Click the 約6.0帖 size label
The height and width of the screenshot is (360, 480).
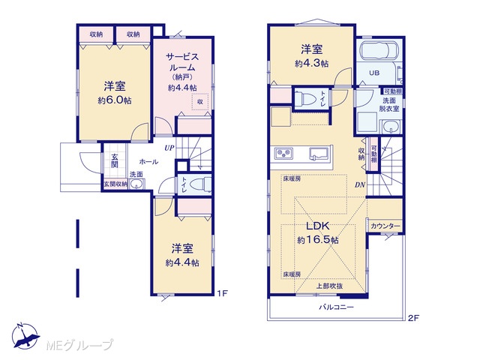point(115,100)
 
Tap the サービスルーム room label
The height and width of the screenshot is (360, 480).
point(182,62)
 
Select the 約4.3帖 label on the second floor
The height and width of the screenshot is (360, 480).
point(312,63)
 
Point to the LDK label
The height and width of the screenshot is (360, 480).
point(318,226)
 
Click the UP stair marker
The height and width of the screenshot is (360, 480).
point(169,148)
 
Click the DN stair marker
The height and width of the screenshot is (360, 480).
point(360,185)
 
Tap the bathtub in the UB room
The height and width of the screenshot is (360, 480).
point(379,49)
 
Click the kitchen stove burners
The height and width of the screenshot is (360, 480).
point(283,153)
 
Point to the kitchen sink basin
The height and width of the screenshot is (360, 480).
point(319,153)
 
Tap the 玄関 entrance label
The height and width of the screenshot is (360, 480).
point(115,161)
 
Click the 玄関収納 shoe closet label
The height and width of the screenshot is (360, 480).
point(115,184)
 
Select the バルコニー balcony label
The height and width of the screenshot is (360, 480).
point(337,307)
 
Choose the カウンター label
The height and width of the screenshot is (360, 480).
point(385,226)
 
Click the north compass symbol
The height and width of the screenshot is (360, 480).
point(25,336)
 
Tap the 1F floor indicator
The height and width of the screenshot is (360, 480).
point(223,293)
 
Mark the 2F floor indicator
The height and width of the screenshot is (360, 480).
point(413,318)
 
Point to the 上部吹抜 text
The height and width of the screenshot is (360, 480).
point(329,286)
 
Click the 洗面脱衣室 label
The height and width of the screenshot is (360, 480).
point(389,104)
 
